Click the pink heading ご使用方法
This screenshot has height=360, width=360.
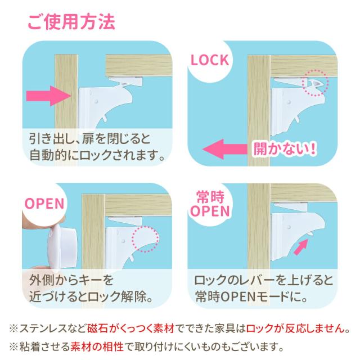[71, 22]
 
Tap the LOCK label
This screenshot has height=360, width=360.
[210, 60]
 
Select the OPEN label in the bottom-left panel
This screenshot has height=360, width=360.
[44, 204]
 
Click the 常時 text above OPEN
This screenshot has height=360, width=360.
[210, 197]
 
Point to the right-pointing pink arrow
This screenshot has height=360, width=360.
[49, 96]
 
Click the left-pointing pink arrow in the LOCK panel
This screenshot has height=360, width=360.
[225, 149]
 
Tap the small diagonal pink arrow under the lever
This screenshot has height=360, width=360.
[301, 246]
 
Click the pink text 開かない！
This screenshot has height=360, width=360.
[285, 148]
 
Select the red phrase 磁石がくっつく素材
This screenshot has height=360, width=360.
[130, 328]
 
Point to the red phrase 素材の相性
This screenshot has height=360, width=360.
[97, 346]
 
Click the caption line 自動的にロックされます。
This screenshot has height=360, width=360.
[97, 155]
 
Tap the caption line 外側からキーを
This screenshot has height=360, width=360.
[71, 280]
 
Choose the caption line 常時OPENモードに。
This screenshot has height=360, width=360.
[251, 296]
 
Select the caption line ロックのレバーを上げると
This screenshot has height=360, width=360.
[264, 280]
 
